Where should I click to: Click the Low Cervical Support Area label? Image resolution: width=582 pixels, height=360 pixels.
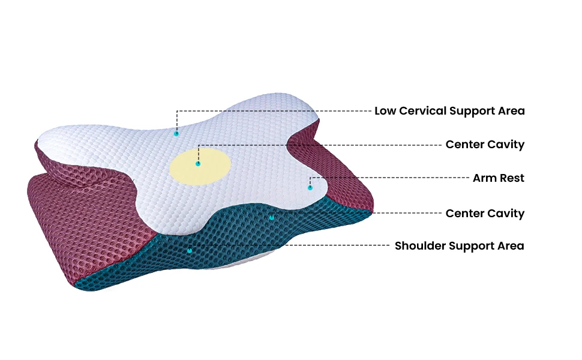(x=449, y=111)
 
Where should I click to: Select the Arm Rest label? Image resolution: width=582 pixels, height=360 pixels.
(x=498, y=178)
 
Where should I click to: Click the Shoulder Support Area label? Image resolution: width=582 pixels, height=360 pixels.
(x=459, y=246)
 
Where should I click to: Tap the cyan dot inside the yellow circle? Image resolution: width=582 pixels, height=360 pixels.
(x=198, y=163)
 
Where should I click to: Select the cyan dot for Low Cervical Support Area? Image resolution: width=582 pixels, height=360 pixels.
(x=176, y=133)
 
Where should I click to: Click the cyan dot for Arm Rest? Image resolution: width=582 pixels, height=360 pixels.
(x=310, y=188)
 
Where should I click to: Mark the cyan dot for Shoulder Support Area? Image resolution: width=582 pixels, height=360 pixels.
(x=190, y=250)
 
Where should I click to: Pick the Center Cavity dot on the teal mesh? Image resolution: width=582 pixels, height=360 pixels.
(x=272, y=217)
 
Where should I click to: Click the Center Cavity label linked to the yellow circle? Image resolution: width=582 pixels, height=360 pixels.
(x=485, y=145)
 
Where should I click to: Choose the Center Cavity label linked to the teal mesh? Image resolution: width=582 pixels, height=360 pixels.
(x=485, y=214)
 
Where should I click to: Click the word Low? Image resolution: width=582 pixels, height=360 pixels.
(x=385, y=111)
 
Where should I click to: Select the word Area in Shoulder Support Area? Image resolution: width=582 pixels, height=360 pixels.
(x=511, y=246)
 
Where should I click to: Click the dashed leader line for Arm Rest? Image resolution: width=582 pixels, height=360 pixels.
(x=390, y=178)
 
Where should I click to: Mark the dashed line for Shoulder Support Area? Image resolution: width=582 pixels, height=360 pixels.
(x=288, y=245)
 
